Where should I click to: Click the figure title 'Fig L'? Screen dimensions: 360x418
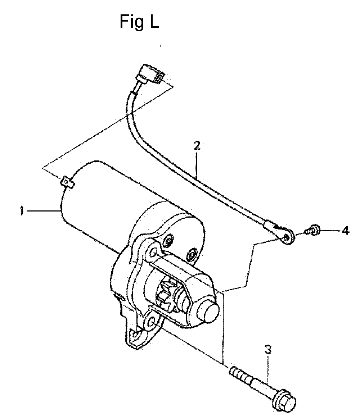[139, 21]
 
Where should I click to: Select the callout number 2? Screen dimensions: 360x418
[197, 146]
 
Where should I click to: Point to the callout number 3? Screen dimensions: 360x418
[268, 350]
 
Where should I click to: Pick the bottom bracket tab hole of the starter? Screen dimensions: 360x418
[136, 334]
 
